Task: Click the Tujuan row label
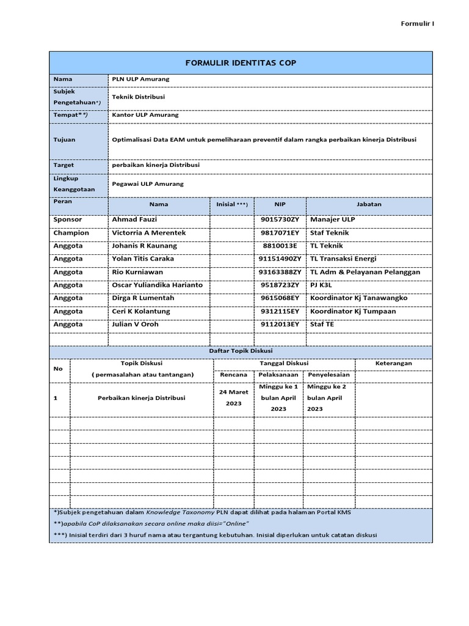pos(65,139)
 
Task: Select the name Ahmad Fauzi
pos(134,219)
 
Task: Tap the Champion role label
pos(71,232)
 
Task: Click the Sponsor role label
pos(68,219)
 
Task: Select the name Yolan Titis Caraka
pos(144,259)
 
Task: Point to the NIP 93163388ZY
pos(280,272)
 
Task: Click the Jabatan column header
pos(368,204)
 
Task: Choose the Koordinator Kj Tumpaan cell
pos(353,311)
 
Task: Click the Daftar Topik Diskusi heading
pos(241,351)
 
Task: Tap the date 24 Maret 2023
pos(233,398)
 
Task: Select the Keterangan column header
pos(394,363)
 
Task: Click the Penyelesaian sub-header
pos(329,374)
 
